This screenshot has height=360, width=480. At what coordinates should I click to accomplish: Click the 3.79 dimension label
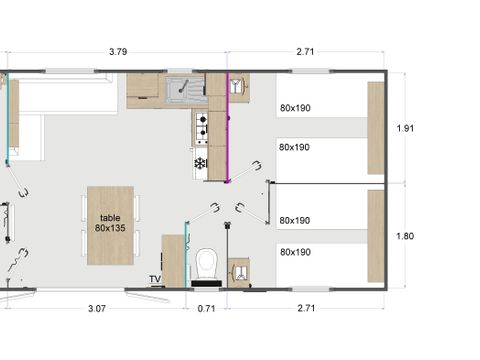coord(118,52)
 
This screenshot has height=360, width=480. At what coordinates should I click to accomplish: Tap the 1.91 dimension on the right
coord(405,128)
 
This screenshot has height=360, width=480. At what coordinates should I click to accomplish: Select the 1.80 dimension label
coord(405,236)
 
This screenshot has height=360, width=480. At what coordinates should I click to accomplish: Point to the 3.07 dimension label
coord(97,308)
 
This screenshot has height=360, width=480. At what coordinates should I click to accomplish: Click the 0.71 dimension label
coord(206,308)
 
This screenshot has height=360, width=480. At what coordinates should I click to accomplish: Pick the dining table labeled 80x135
coord(110,226)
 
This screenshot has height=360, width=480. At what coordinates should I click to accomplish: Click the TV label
coord(155,279)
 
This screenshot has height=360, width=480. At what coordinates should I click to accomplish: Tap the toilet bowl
coord(207,263)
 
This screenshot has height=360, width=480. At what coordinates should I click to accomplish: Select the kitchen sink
coord(185,89)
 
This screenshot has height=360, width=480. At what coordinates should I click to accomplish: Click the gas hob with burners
coord(202,128)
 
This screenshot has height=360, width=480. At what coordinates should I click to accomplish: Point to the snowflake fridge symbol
coord(200,163)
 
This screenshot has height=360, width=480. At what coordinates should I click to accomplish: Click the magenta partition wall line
coord(227,127)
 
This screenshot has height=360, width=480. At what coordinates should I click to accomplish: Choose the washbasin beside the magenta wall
coord(239,87)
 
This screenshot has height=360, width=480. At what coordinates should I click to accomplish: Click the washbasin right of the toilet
coord(239,273)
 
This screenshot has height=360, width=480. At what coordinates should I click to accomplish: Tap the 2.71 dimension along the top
coord(305,52)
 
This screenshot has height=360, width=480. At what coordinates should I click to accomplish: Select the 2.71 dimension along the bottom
coord(306,308)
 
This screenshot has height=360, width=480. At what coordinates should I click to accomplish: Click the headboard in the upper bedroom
coord(376,128)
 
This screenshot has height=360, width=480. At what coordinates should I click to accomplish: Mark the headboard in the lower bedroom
coord(376,236)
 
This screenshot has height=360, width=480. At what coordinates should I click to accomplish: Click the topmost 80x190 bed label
coord(295,108)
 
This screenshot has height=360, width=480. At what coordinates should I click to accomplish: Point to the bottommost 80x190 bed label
coord(295,252)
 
